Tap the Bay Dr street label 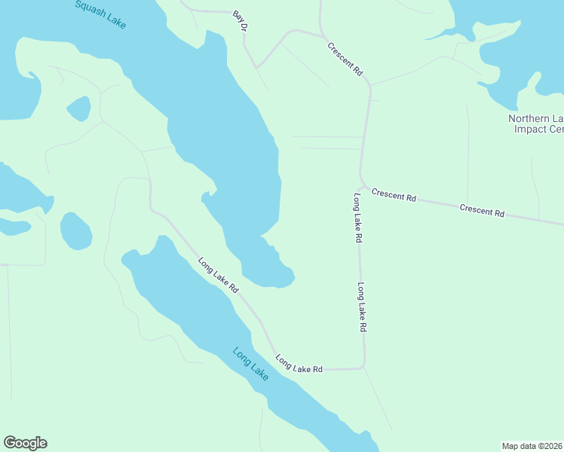pos(241,21)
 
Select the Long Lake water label pos(250,363)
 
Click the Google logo pos(25,443)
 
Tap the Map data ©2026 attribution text pos(532,445)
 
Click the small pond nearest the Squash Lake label pos(78,108)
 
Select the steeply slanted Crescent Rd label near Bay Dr pos(345,58)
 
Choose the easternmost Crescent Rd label pos(482,211)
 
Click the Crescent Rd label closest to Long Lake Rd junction pos(394,196)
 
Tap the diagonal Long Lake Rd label pos(218,276)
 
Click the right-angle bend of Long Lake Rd pos(364,366)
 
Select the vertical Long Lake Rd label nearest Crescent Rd pos(358,217)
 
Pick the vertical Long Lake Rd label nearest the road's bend pos(362,307)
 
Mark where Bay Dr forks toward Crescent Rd pos(257,67)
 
